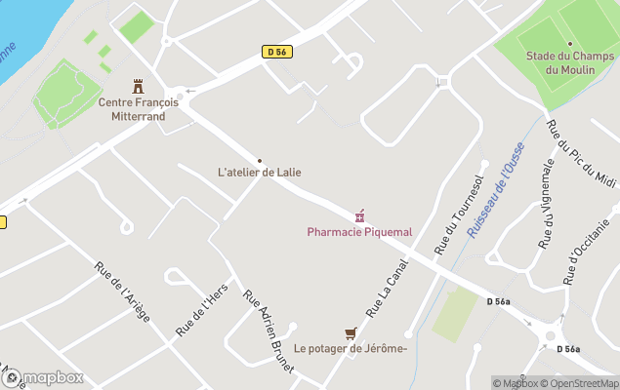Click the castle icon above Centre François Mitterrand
click(137, 87)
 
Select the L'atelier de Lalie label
click(259, 173)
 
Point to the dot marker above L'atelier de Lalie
click(259, 160)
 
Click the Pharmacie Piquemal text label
click(359, 232)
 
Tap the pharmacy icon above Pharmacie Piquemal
click(359, 216)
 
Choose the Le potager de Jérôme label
click(350, 348)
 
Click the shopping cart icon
click(350, 332)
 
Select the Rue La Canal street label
click(386, 291)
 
